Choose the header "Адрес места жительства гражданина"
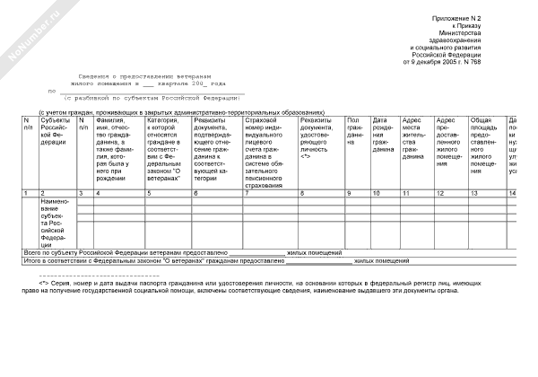click(414, 138)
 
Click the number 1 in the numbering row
click(26, 193)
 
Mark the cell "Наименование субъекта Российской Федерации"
click(56, 224)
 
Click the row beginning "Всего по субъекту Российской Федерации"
click(170, 254)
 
